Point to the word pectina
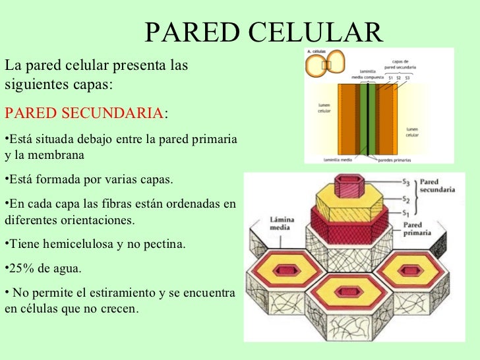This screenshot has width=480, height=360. [x=164, y=245]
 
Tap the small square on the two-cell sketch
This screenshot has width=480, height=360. [x=327, y=65]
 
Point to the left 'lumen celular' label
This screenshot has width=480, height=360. [x=324, y=108]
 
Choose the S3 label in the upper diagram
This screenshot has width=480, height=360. [x=407, y=77]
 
